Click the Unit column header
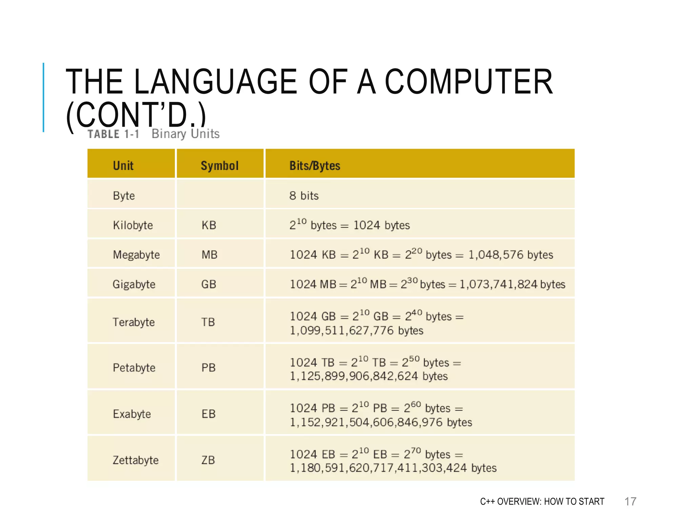click(x=123, y=166)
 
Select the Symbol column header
click(x=220, y=166)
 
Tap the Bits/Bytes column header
click(x=314, y=166)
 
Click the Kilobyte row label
click(x=133, y=225)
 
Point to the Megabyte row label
click(x=136, y=255)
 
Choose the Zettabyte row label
click(x=136, y=460)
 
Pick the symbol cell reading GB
click(x=209, y=284)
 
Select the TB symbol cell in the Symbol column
click(x=208, y=322)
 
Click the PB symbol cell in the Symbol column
click(x=208, y=368)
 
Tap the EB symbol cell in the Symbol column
click(x=208, y=414)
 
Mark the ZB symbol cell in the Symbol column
click(x=208, y=460)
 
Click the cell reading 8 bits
click(x=304, y=196)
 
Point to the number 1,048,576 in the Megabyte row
click(x=496, y=255)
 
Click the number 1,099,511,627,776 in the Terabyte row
click(x=342, y=330)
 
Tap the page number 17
click(x=630, y=501)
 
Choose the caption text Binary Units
click(x=185, y=134)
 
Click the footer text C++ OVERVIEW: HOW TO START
click(x=542, y=501)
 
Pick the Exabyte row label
click(x=132, y=414)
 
